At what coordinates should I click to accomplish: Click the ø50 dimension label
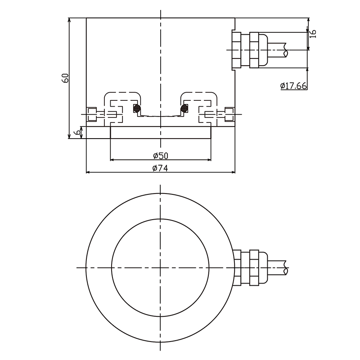click(160, 156)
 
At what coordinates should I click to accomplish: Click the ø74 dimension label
click(160, 168)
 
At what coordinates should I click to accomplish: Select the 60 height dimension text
click(65, 77)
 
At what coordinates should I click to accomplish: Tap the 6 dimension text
click(77, 132)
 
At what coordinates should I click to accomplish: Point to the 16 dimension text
click(314, 33)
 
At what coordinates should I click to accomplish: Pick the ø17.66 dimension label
click(293, 86)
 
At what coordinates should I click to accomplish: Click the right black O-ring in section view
click(184, 108)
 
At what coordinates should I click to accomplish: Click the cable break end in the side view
click(286, 49)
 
